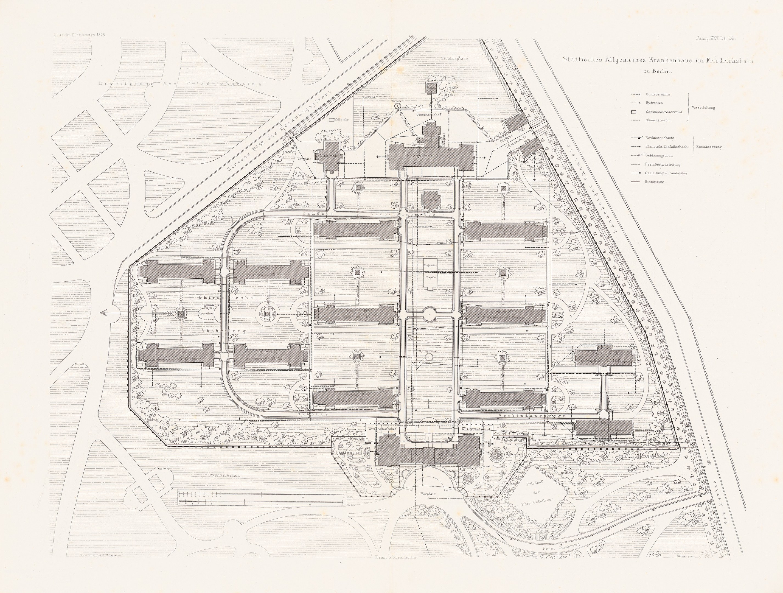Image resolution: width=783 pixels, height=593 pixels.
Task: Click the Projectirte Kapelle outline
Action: [430, 276]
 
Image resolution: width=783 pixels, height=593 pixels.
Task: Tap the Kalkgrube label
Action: [342, 120]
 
